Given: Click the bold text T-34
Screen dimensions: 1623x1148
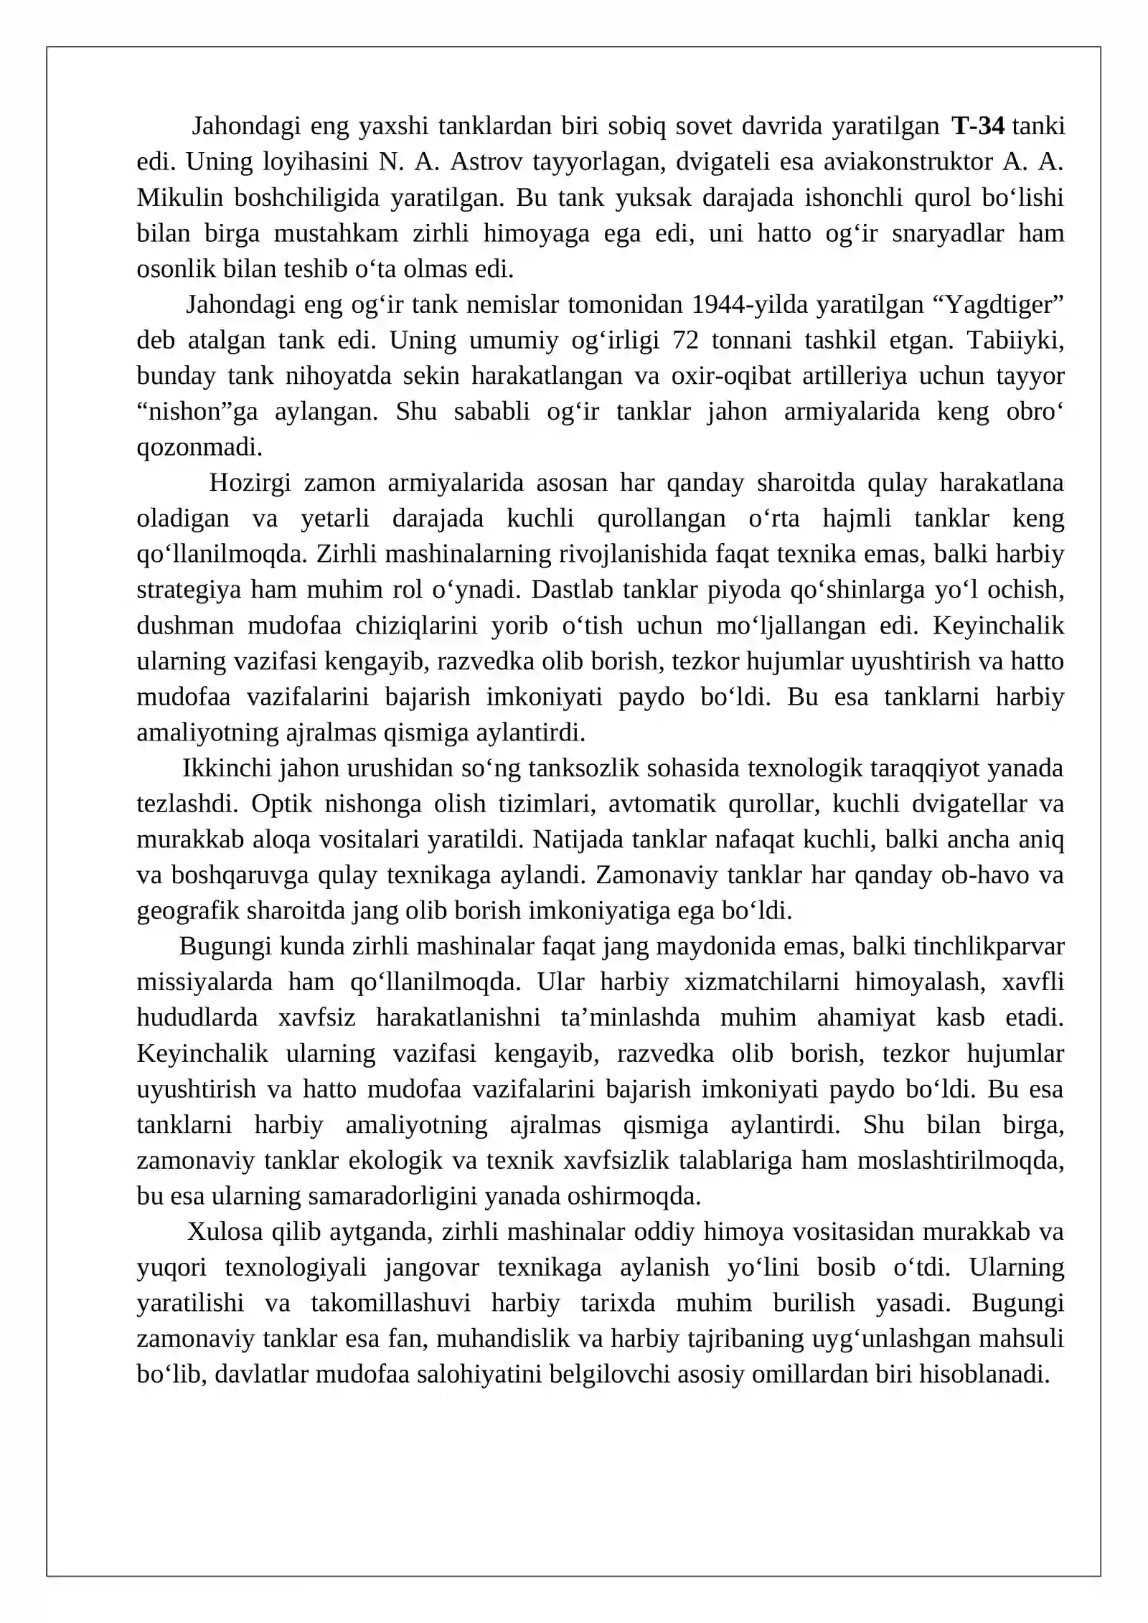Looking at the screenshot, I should pos(978,126).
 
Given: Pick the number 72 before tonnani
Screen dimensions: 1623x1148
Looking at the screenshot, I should pos(686,340).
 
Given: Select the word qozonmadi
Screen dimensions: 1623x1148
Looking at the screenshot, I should pos(199,448).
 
